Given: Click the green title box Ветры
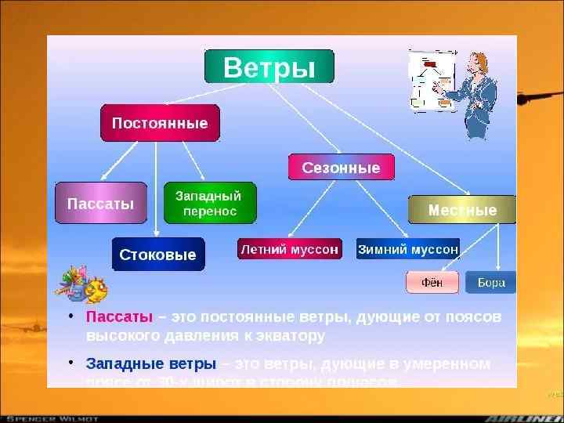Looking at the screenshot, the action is [x=269, y=67].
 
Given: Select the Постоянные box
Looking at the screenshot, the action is [x=160, y=124].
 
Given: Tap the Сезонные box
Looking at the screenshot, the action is [x=341, y=168].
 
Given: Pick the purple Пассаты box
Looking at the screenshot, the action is [x=101, y=204].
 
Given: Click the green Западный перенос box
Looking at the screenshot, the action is [x=208, y=203].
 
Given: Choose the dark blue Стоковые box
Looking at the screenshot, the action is [x=157, y=255].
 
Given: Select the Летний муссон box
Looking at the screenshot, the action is [x=289, y=249].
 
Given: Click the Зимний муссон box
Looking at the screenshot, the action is [x=408, y=249].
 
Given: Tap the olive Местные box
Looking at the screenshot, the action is [x=462, y=211].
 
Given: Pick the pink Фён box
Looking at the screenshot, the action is [x=432, y=282].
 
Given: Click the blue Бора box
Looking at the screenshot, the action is [x=491, y=282].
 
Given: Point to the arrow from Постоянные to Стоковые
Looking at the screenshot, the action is [x=156, y=188].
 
